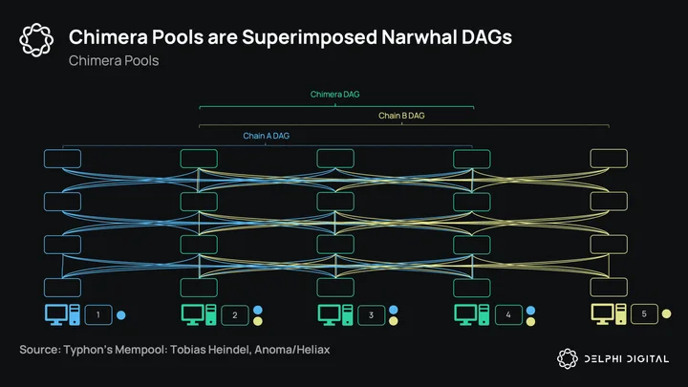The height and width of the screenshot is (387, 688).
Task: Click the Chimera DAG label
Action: (334, 95)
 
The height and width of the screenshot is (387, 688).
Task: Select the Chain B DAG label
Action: (401, 116)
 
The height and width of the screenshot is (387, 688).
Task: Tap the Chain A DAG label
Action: (266, 136)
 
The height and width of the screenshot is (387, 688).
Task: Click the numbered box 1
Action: (98, 315)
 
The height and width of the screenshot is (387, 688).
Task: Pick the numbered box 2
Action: (235, 315)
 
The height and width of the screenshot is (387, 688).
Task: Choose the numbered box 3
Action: (371, 315)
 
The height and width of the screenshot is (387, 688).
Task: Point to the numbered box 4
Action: (508, 314)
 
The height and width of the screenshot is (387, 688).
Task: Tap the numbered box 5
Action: (644, 314)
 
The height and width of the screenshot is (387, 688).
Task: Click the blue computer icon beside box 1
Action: (62, 314)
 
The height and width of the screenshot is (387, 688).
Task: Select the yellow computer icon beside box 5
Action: (609, 314)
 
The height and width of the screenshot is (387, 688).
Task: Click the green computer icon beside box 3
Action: (335, 315)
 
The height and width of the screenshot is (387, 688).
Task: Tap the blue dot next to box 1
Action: (121, 315)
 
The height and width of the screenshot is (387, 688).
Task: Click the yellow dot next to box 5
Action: (667, 313)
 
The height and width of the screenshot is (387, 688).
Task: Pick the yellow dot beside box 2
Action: (258, 321)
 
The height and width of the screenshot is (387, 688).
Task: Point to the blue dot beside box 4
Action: (530, 311)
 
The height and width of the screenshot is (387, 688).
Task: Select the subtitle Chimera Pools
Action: (114, 60)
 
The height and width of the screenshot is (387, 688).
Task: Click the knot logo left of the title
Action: (36, 40)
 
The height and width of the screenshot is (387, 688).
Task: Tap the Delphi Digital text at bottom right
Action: (627, 359)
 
